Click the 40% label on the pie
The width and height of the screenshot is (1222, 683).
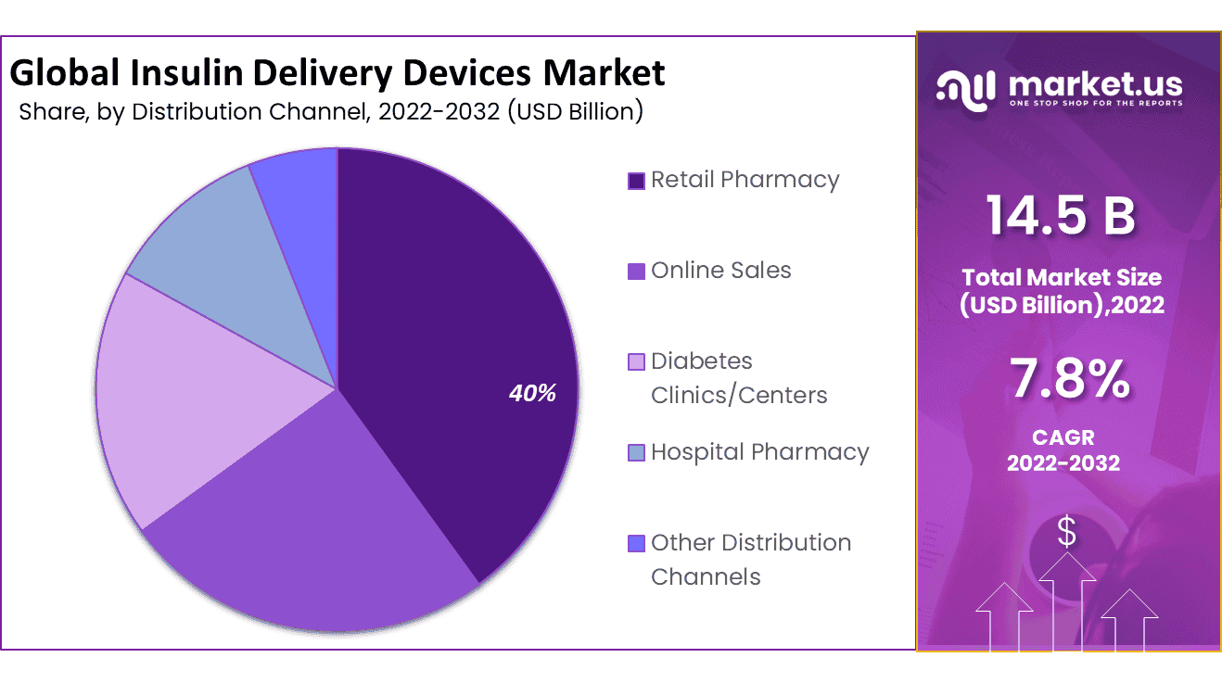coord(532,393)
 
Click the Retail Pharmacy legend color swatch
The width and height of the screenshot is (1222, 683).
coord(636,181)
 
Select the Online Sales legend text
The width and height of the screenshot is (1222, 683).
coord(720,271)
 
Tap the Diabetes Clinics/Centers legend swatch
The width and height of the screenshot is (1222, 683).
coord(636,362)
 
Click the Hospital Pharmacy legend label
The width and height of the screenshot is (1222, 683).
coord(759,452)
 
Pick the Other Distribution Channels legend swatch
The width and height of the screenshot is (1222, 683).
coord(636,544)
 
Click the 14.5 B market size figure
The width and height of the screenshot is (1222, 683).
coord(1061,215)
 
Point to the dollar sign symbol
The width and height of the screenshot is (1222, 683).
coord(1067,533)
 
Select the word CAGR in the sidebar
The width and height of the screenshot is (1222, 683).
coord(1063,436)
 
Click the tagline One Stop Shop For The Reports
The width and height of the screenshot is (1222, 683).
coord(1095,103)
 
